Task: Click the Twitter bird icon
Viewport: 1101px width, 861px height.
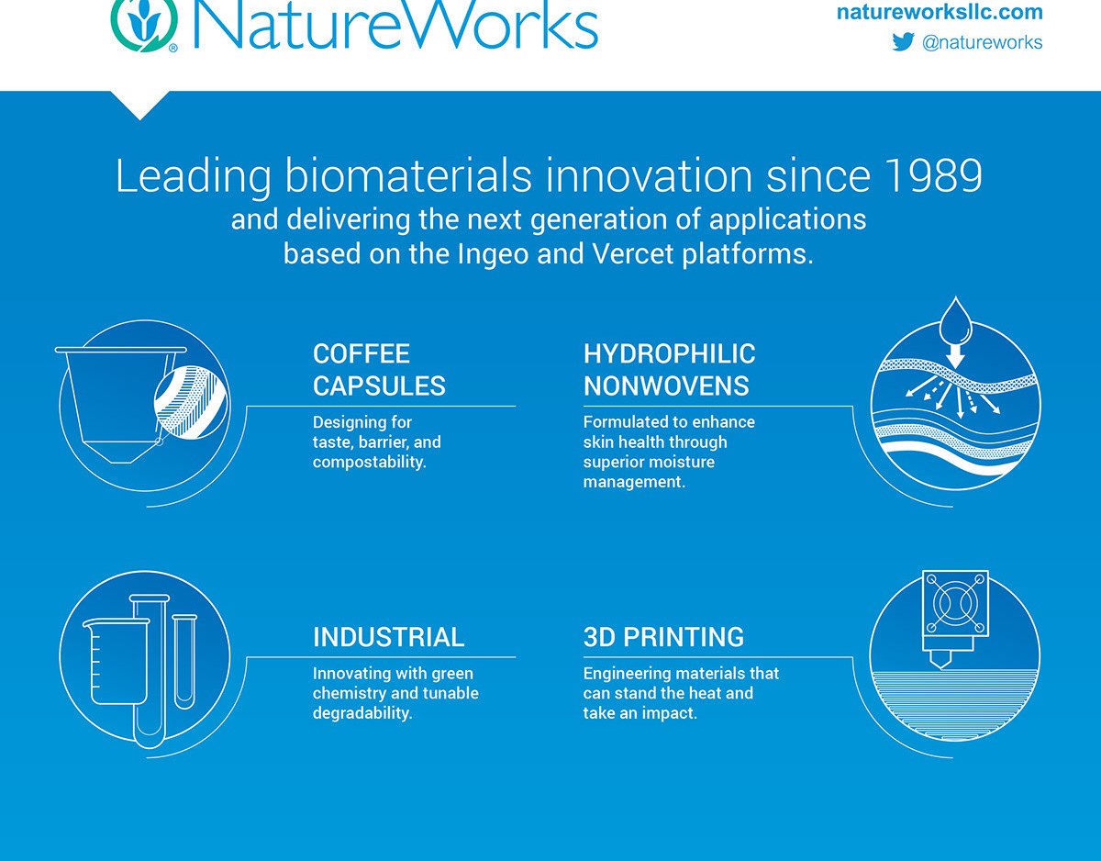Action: click(904, 41)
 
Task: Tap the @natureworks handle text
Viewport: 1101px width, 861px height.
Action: click(982, 42)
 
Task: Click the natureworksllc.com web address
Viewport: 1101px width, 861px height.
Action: click(940, 12)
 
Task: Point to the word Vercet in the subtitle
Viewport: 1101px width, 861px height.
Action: click(632, 253)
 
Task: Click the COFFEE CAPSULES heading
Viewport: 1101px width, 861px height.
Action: click(379, 369)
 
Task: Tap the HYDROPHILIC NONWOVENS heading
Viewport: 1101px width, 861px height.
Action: click(669, 369)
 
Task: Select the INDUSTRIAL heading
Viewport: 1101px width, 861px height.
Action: click(388, 637)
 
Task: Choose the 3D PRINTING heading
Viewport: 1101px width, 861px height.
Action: click(663, 637)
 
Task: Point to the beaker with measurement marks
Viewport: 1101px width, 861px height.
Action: click(117, 661)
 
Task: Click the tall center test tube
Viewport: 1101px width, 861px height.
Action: click(150, 671)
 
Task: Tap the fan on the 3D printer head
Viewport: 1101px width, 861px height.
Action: click(956, 603)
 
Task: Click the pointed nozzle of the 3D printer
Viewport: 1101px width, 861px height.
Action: click(941, 660)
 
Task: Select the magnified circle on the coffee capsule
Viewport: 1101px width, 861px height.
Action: click(191, 402)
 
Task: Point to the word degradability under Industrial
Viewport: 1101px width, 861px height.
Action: click(361, 713)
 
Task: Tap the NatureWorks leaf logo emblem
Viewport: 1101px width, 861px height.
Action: click(144, 24)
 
